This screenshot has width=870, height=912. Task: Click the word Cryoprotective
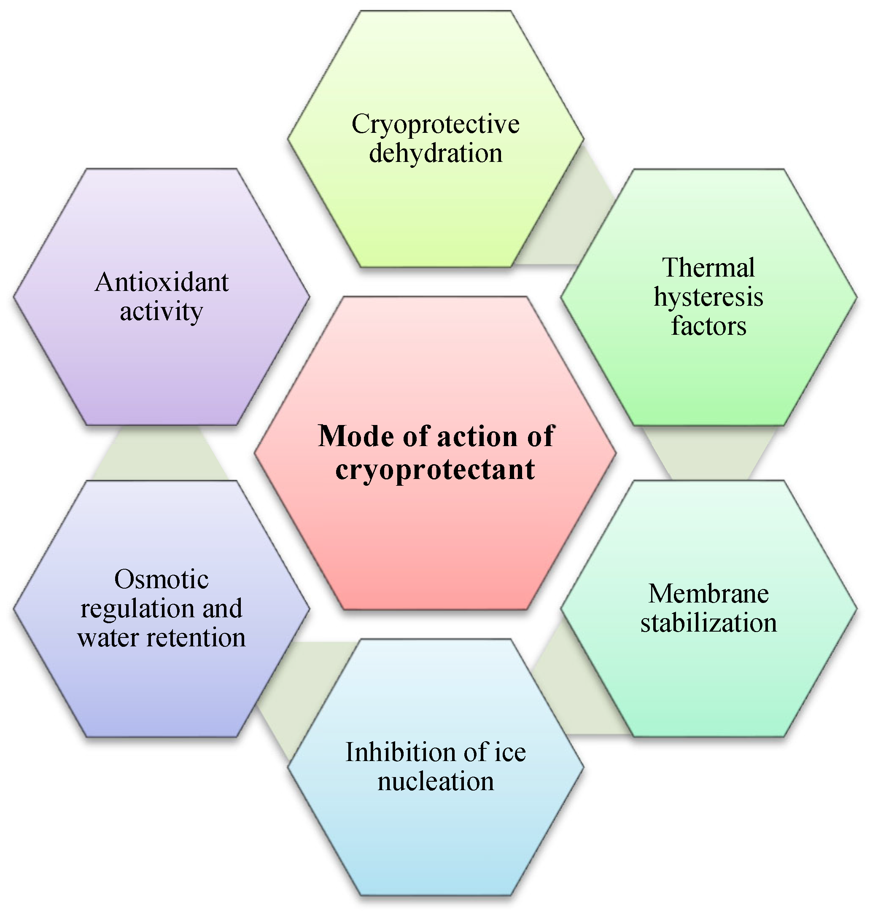(x=435, y=125)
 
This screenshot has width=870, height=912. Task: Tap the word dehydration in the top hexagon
(x=435, y=153)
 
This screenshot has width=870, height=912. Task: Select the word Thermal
(x=708, y=268)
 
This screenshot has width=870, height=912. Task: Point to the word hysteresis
(x=708, y=298)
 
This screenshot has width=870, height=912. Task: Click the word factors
(x=708, y=326)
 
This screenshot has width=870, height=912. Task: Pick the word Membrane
(x=708, y=594)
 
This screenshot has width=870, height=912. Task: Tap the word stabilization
(x=708, y=623)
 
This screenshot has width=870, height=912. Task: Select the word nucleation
(x=435, y=782)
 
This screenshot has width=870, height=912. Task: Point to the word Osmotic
(x=162, y=580)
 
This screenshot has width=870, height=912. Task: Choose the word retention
(x=196, y=638)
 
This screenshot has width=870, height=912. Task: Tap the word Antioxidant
(x=162, y=282)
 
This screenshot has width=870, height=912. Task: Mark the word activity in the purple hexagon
(x=162, y=312)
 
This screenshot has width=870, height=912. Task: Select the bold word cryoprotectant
(x=435, y=470)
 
